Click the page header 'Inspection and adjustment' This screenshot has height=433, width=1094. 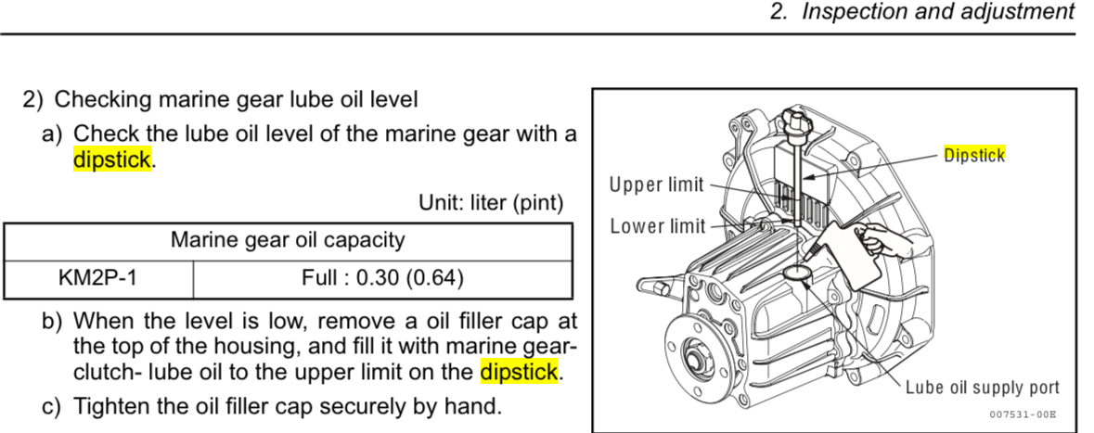click(938, 13)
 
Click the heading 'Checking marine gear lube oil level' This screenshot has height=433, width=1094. click(236, 100)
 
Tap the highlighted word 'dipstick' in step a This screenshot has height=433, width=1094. click(112, 159)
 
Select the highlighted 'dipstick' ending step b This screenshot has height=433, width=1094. click(520, 372)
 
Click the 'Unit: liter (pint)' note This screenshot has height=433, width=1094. click(491, 203)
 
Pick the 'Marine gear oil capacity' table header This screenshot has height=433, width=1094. click(288, 240)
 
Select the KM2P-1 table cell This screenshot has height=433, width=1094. click(98, 278)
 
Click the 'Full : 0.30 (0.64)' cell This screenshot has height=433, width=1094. click(382, 278)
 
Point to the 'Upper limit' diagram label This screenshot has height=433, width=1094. click(657, 185)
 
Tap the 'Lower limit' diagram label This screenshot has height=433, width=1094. click(657, 226)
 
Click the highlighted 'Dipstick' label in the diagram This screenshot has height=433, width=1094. click(974, 155)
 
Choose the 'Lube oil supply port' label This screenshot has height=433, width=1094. click(983, 388)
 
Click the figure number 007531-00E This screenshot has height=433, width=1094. click(1023, 414)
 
